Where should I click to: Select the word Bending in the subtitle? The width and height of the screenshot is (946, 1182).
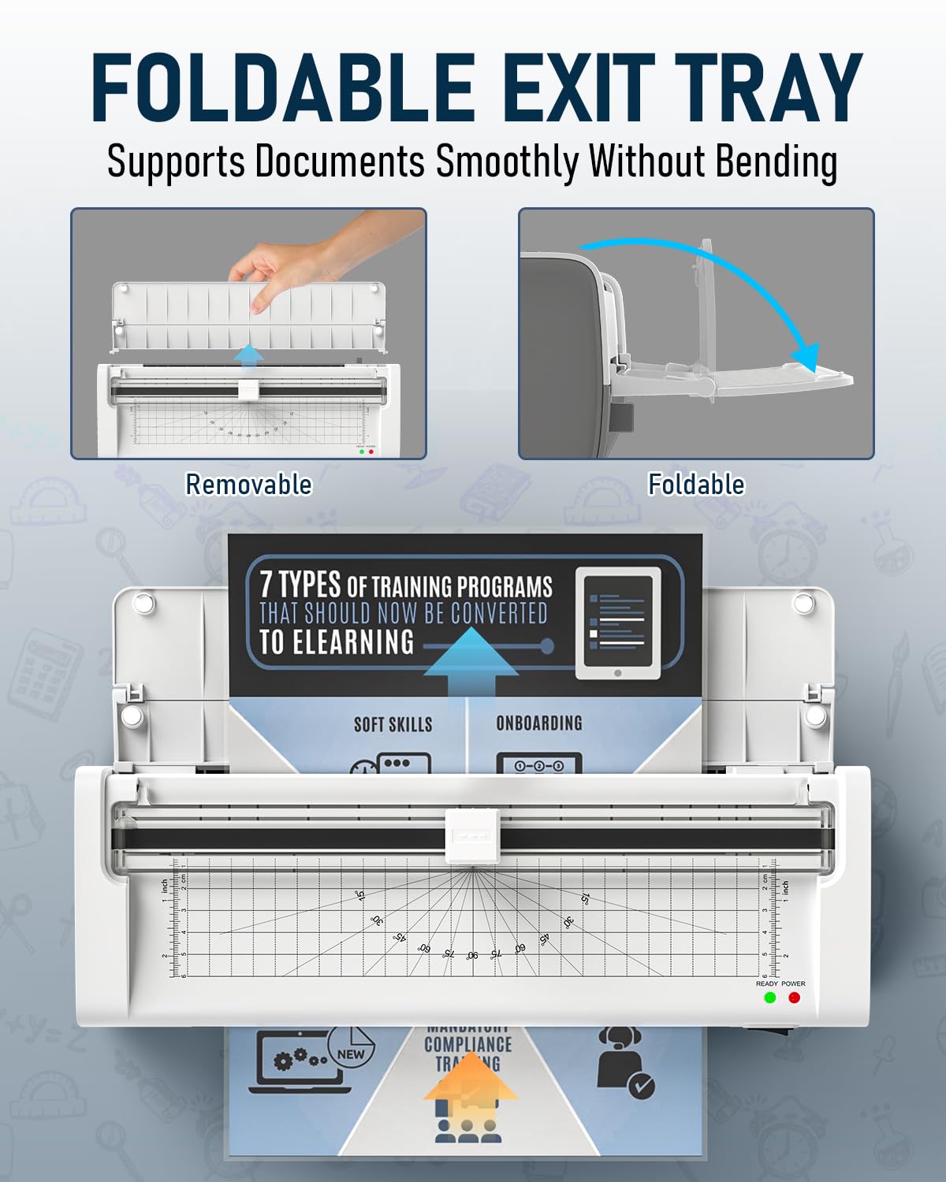776,162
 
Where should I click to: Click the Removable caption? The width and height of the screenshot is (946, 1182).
248,484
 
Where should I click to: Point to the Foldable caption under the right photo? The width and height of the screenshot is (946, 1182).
696,484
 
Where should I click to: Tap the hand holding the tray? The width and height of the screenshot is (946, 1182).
307,260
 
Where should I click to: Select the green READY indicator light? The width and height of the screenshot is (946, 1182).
770,998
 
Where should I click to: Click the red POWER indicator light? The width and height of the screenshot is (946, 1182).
794,998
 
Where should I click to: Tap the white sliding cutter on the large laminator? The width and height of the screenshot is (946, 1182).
471,834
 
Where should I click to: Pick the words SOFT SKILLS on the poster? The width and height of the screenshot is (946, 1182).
393,724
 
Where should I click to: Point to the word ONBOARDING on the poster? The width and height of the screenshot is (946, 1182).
539,723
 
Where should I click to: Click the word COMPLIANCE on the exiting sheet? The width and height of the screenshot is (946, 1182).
467,1045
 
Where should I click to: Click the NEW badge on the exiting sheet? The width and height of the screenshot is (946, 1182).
351,1054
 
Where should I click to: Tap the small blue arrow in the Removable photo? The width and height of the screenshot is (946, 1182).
250,355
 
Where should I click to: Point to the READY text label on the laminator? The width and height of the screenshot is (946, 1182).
766,983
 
